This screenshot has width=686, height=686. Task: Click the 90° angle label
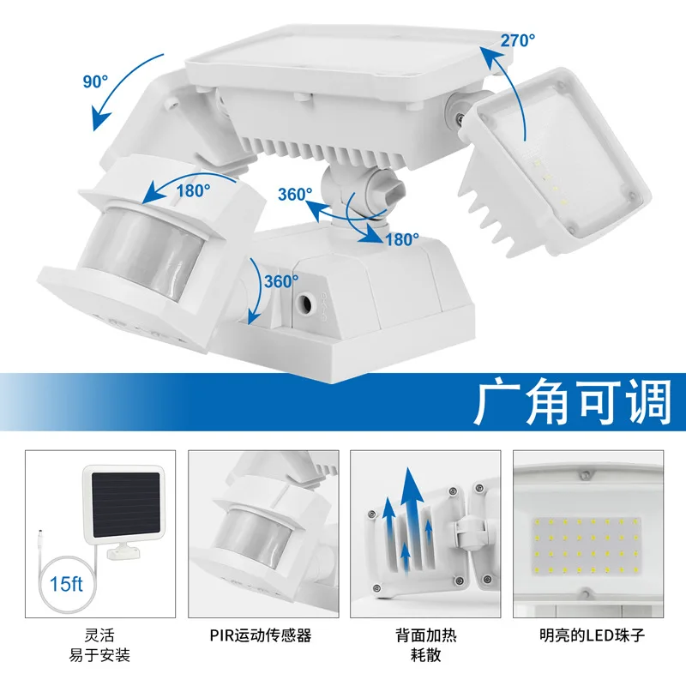point(96,82)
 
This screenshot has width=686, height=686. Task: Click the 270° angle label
point(517,39)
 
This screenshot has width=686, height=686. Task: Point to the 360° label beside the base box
point(281,280)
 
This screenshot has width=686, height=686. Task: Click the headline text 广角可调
point(572,400)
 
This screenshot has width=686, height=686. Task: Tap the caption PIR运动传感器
point(260,636)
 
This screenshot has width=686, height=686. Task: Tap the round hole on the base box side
point(304,303)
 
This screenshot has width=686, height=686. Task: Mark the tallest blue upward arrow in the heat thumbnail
point(414,514)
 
